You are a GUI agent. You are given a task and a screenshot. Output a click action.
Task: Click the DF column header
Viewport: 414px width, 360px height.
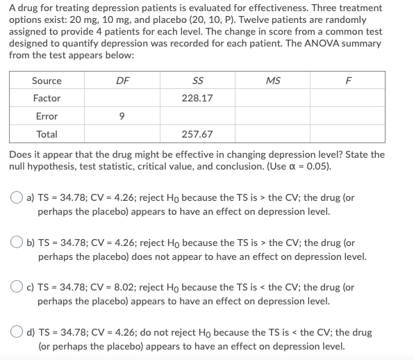(122, 81)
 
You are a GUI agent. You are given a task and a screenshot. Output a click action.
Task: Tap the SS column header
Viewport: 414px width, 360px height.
(197, 81)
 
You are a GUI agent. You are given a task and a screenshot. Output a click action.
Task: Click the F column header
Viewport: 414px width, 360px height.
(349, 81)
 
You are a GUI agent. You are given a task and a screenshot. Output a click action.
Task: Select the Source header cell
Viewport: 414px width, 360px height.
(47, 81)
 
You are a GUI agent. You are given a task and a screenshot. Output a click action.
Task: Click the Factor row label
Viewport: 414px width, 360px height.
(47, 99)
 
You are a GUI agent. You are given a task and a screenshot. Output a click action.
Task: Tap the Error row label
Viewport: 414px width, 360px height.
(47, 117)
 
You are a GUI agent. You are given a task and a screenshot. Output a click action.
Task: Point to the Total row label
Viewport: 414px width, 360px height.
(47, 134)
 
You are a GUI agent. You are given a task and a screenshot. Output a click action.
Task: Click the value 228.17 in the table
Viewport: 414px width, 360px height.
(197, 99)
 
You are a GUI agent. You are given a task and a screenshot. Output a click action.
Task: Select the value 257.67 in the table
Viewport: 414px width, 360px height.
(197, 134)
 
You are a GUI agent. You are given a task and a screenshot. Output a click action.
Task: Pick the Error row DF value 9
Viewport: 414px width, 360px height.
(122, 117)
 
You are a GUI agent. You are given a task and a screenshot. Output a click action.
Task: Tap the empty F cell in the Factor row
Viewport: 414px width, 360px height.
(349, 99)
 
